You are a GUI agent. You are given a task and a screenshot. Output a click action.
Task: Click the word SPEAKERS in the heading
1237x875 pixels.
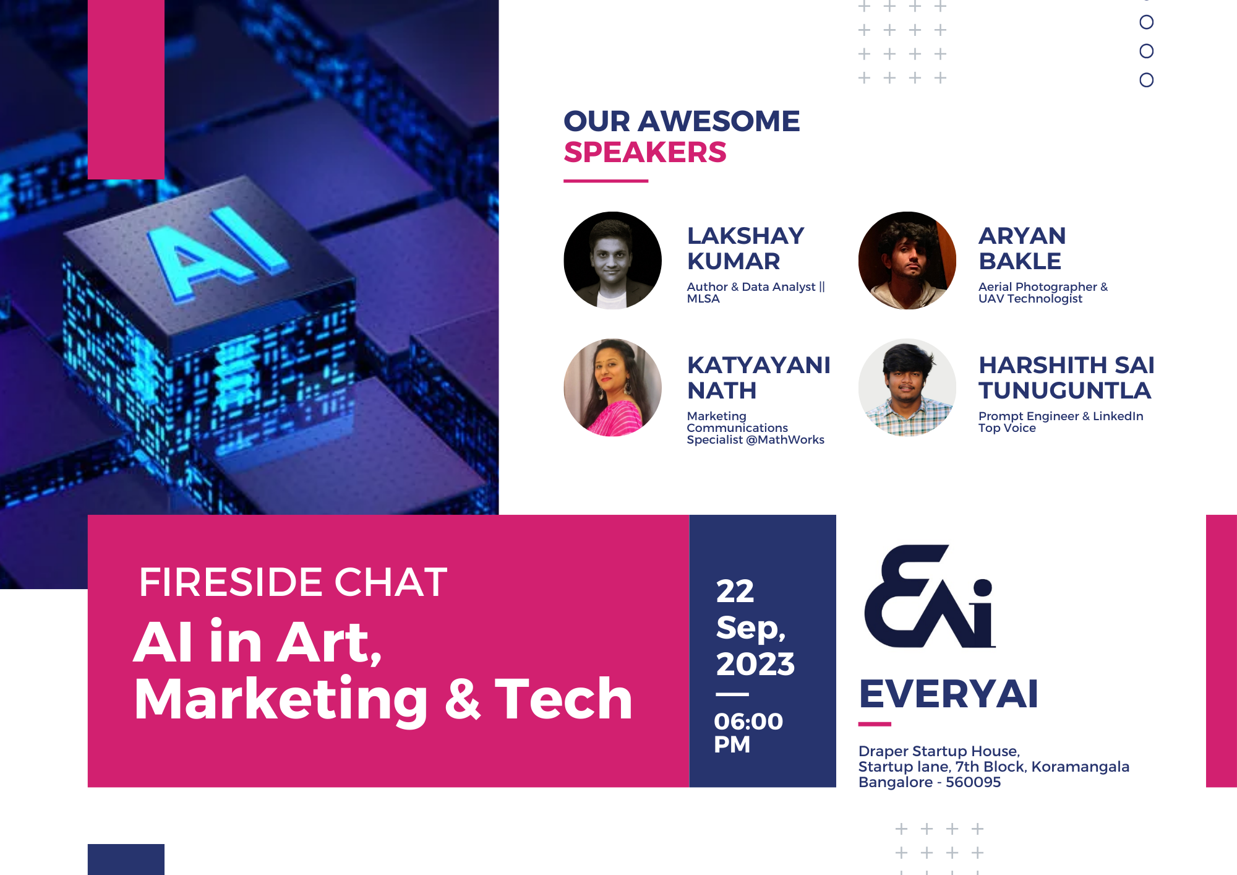pos(645,152)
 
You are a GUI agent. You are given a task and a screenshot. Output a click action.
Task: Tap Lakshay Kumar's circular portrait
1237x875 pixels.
pos(612,261)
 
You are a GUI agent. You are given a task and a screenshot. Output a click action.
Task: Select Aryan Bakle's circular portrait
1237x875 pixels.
pos(907,261)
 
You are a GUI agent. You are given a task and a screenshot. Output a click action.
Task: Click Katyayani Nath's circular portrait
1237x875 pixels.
pos(612,387)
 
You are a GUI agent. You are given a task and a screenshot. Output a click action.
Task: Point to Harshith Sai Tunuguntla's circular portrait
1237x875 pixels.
pos(907,387)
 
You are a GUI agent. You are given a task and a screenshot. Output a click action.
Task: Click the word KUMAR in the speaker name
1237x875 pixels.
pos(734,261)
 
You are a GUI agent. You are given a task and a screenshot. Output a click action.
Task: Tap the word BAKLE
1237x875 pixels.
pos(1020,261)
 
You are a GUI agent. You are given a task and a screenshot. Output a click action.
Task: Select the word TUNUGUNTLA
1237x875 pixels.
pos(1064,390)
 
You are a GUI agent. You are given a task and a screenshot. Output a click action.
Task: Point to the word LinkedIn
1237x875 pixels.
pos(1118,416)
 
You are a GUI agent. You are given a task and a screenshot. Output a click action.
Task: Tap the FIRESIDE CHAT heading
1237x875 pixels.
pos(293,582)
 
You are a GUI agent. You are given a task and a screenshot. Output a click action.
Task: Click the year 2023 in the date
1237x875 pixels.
pos(755,664)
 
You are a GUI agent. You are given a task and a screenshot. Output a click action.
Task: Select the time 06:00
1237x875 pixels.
pos(748,722)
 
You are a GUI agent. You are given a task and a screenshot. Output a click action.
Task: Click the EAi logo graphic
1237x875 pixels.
pos(930,597)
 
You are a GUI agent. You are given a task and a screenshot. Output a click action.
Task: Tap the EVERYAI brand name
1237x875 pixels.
pos(948,694)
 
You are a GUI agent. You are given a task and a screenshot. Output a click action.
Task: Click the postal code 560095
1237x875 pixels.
pos(973,782)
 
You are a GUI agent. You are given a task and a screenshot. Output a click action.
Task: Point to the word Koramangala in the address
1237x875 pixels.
pos(1080,767)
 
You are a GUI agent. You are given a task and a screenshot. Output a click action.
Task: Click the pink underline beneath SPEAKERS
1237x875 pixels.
pos(606,181)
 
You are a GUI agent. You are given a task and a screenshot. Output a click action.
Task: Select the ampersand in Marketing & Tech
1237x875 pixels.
pos(463,699)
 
